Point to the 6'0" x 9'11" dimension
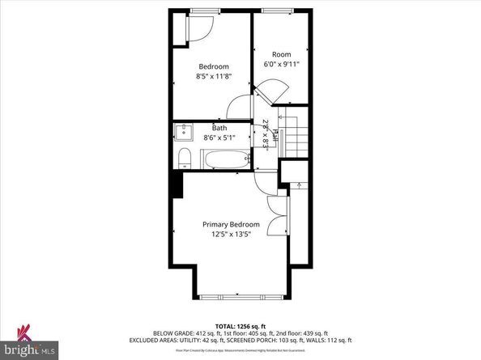[x=280, y=64]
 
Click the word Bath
[x=219, y=128]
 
